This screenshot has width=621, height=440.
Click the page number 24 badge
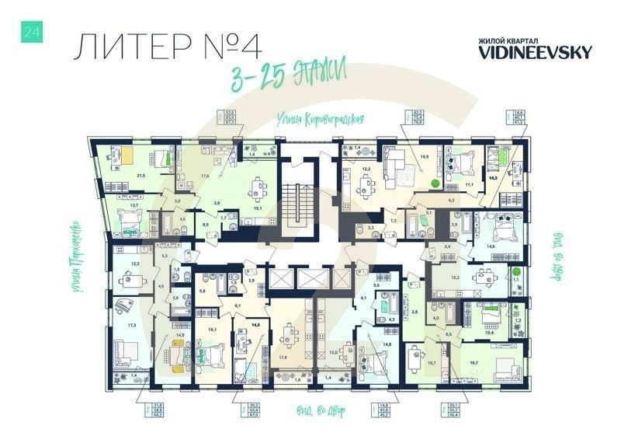point(33,32)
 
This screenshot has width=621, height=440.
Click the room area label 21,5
point(141,176)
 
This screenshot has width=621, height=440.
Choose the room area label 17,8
point(283,357)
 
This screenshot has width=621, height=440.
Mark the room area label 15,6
point(333,354)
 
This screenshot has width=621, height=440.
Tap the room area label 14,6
point(491,246)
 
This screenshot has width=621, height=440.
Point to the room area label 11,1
point(470,185)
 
